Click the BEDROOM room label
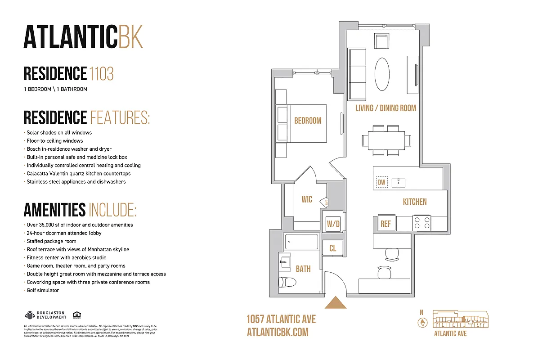pyautogui.click(x=308, y=121)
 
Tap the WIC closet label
pyautogui.click(x=307, y=199)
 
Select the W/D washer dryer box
pyautogui.click(x=333, y=223)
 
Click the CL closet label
pyautogui.click(x=332, y=248)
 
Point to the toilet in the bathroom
pyautogui.click(x=287, y=282)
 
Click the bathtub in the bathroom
pyautogui.click(x=301, y=242)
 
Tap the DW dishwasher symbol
pyautogui.click(x=381, y=182)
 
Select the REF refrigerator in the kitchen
pyautogui.click(x=386, y=224)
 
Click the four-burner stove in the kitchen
pyautogui.click(x=422, y=223)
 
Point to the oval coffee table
pyautogui.click(x=383, y=74)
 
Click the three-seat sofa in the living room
pyautogui.click(x=357, y=75)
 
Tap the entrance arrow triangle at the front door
pyautogui.click(x=335, y=303)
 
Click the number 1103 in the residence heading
pyautogui.click(x=101, y=73)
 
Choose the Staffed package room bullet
pyautogui.click(x=51, y=241)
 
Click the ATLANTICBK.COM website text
pyautogui.click(x=278, y=332)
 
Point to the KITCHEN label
pyautogui.click(x=414, y=202)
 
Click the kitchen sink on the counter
pyautogui.click(x=398, y=182)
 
